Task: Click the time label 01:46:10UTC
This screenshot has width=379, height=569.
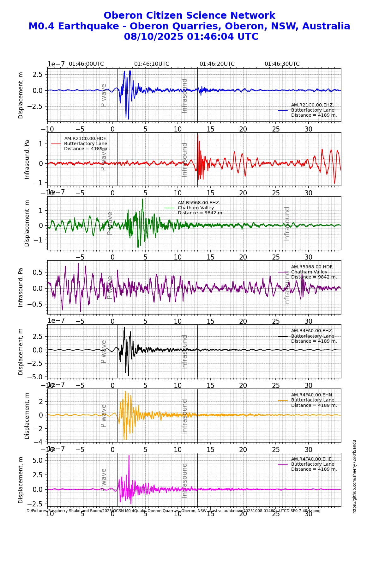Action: click(152, 64)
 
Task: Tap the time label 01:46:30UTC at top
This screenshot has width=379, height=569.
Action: click(282, 64)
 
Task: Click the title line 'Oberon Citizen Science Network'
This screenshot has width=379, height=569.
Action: click(189, 15)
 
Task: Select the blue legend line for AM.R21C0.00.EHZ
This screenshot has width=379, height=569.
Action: click(283, 110)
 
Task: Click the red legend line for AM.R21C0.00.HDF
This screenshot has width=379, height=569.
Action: click(56, 144)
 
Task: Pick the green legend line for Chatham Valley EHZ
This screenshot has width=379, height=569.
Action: click(170, 208)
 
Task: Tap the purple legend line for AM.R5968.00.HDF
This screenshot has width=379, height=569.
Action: click(283, 272)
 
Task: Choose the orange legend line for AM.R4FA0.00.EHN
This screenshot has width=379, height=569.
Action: click(283, 400)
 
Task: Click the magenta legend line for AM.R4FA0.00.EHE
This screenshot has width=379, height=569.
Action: click(283, 464)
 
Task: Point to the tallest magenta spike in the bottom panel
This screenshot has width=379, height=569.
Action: click(129, 456)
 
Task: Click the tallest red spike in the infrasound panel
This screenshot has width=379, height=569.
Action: click(198, 135)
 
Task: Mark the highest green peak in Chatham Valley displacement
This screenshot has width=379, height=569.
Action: click(142, 199)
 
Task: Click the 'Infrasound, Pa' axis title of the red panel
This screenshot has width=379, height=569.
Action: click(27, 159)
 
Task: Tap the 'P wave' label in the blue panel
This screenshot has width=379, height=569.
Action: click(103, 95)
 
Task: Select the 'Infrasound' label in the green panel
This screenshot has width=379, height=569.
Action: click(287, 224)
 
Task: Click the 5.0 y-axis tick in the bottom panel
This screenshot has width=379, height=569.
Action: click(38, 460)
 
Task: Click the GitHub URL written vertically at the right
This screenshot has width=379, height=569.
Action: click(354, 476)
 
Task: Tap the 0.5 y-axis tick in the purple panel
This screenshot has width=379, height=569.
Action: click(38, 272)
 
